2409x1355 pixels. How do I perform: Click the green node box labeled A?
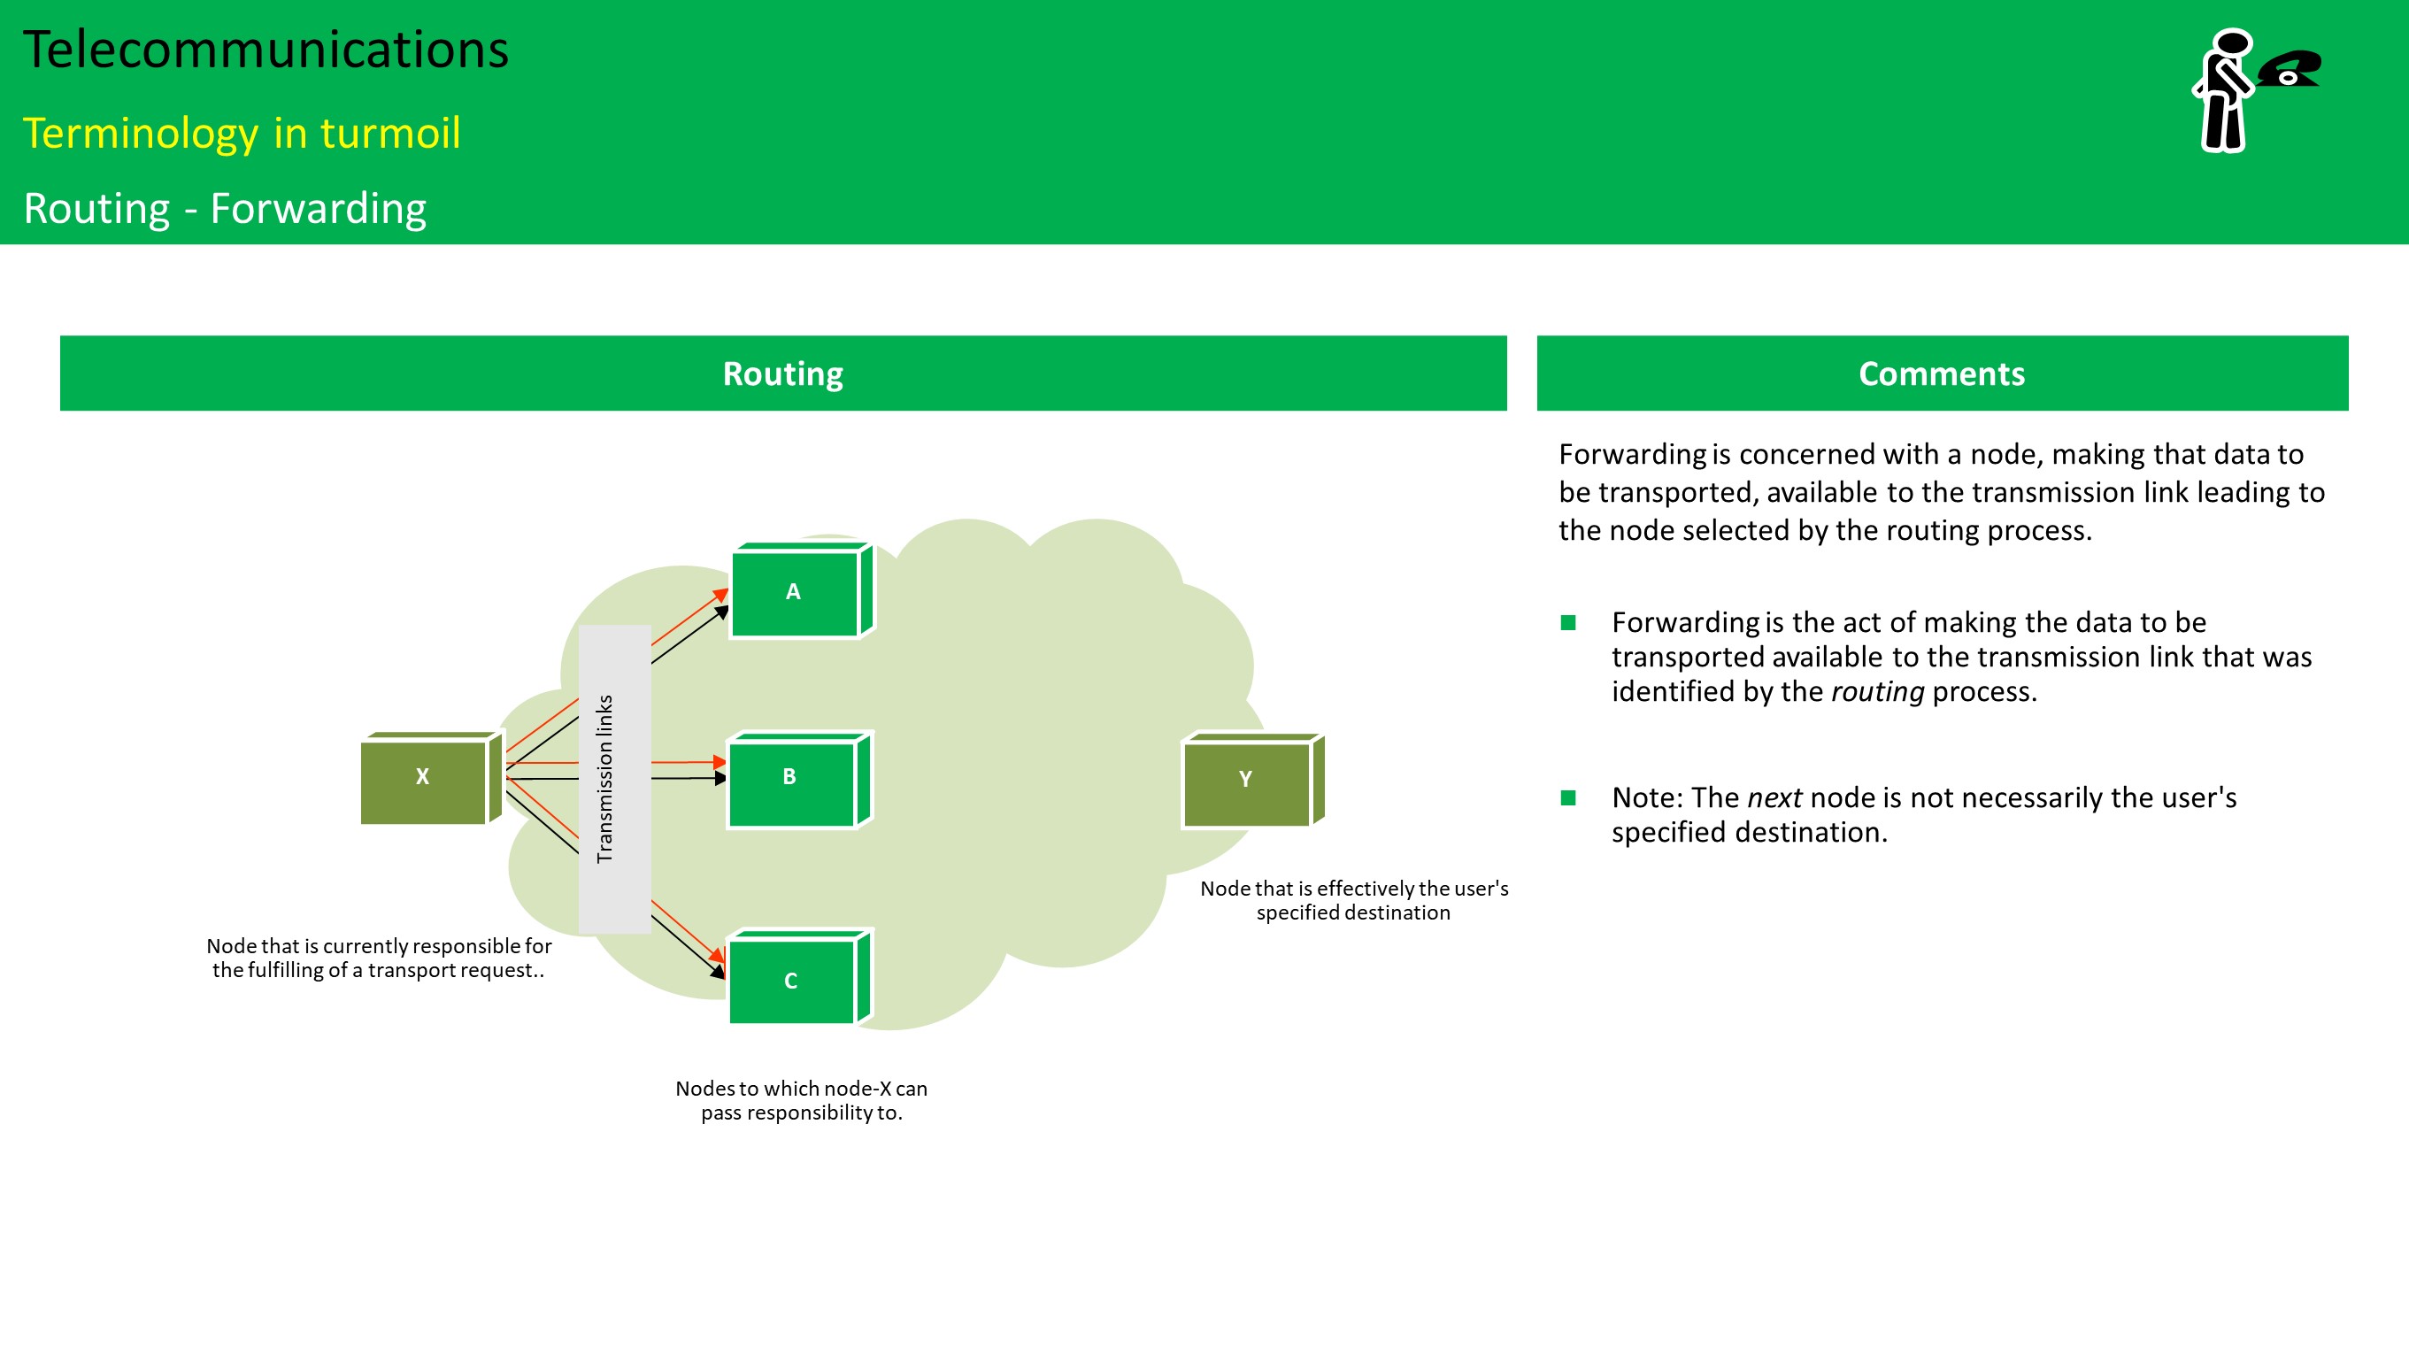pos(793,593)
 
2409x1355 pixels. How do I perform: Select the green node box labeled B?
pos(791,779)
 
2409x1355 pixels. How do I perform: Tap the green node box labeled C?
pos(791,980)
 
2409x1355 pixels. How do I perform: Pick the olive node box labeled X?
pos(424,778)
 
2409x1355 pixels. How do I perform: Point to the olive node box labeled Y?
pos(1245,781)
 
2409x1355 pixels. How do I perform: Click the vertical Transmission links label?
pos(606,778)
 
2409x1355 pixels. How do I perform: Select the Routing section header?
pos(782,373)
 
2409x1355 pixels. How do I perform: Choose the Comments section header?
pos(1942,373)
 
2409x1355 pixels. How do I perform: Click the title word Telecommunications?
pos(266,50)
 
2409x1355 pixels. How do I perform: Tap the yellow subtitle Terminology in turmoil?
pos(242,133)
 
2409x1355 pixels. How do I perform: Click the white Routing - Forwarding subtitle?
pos(225,208)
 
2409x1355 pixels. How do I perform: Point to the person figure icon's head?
pos(2233,44)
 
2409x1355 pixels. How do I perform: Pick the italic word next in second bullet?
pos(1774,797)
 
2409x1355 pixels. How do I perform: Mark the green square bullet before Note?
pos(1568,797)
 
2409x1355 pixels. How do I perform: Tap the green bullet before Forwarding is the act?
pos(1568,623)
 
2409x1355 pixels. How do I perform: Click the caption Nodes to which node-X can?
pos(802,1089)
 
